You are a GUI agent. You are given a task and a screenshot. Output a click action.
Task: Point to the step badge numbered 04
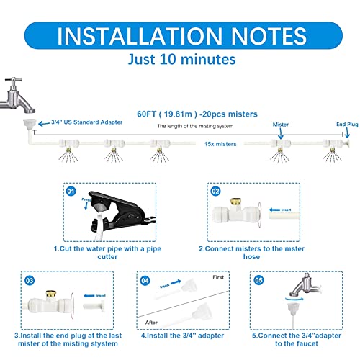pos(145,279)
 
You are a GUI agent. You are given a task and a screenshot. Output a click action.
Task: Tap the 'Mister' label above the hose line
pos(280,125)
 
